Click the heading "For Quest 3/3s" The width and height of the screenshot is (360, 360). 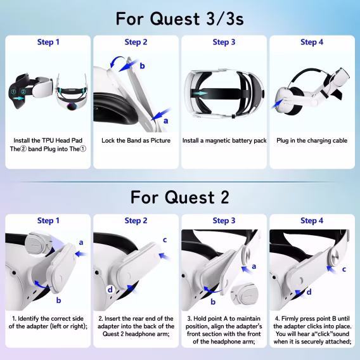(179, 18)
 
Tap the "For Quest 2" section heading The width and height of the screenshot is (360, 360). (179, 197)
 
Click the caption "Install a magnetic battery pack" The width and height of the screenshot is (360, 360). (224, 140)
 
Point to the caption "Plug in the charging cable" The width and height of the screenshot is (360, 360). (312, 140)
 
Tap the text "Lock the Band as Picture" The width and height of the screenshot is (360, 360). (136, 140)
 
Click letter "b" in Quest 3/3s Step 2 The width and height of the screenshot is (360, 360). (142, 66)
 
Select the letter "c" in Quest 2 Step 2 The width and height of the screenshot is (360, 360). (165, 240)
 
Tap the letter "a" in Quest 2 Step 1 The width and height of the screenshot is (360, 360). (80, 242)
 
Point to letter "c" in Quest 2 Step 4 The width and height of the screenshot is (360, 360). (344, 269)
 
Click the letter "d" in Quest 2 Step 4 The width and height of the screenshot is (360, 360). (309, 292)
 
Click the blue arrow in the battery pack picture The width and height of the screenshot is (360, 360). (202, 93)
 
